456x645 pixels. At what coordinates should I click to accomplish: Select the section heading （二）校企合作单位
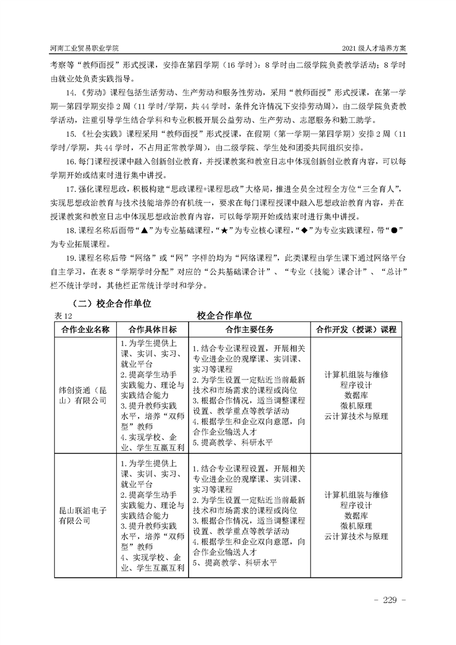click(109, 302)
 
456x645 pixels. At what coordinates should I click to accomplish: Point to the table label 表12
click(61, 315)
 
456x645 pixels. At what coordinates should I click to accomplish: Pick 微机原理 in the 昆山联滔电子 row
click(356, 525)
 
